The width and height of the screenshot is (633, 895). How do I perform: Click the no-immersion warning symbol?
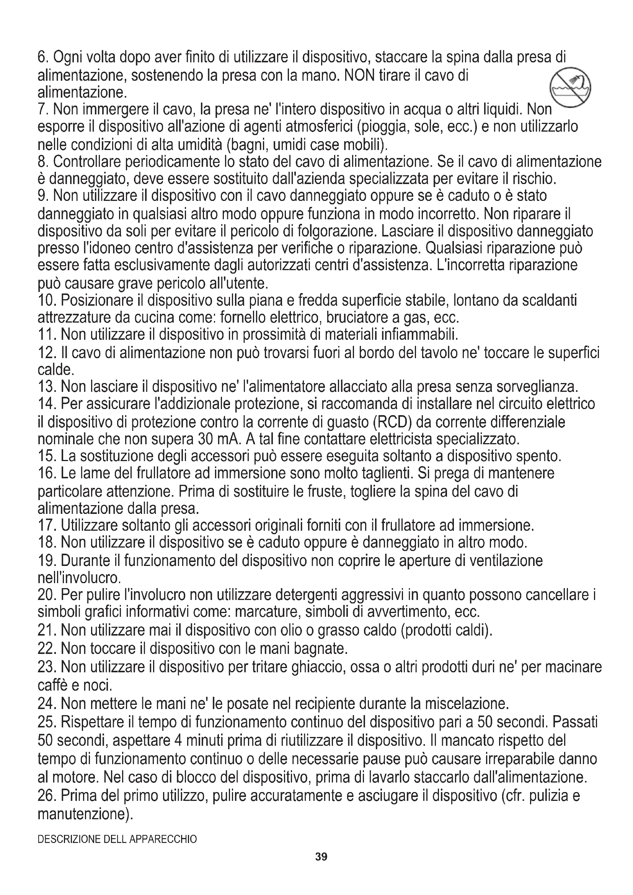coord(570,88)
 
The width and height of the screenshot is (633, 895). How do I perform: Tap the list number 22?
coord(47,648)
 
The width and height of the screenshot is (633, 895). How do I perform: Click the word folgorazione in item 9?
coord(337,231)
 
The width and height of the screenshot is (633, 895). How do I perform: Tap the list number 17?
coord(47,526)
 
